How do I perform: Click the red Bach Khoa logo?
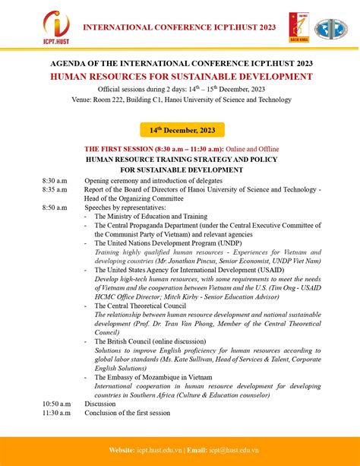[x=298, y=27]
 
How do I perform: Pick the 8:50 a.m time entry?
[x=55, y=207]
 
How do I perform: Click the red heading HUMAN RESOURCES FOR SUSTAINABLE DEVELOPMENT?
[x=181, y=77]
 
